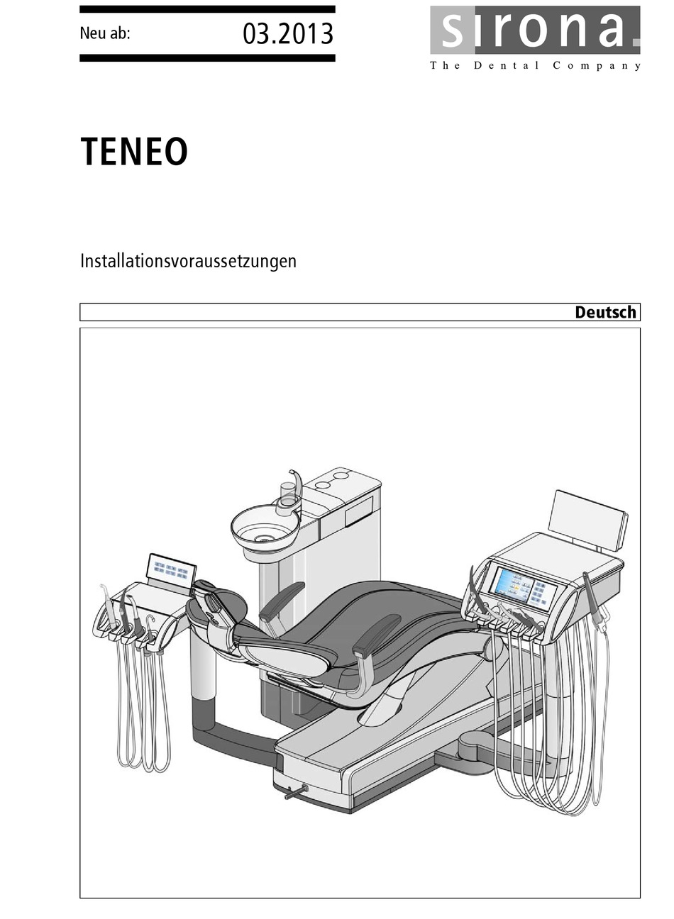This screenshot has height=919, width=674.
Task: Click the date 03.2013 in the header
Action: tap(287, 33)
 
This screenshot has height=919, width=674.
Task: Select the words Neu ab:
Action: tap(105, 33)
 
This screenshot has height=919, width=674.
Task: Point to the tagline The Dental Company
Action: tap(535, 66)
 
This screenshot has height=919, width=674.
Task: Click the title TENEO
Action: tap(134, 151)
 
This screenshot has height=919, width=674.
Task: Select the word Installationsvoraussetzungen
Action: tap(188, 261)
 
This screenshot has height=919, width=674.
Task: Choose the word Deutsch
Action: tap(605, 312)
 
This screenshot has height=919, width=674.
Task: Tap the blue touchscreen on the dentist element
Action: tap(514, 584)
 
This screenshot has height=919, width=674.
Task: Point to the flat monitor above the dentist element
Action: tap(588, 520)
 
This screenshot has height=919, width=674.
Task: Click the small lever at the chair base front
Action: tap(294, 793)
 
